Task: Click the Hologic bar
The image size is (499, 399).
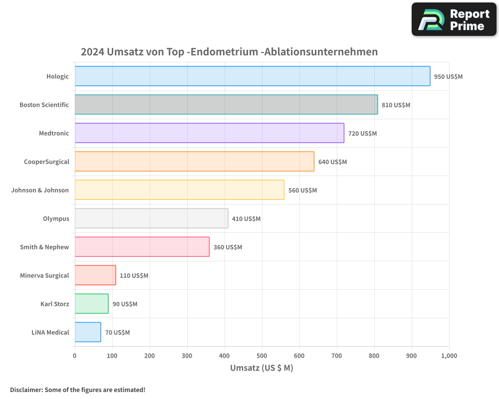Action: (x=252, y=76)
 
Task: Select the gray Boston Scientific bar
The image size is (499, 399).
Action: (x=226, y=105)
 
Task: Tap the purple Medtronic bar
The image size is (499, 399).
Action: (x=210, y=133)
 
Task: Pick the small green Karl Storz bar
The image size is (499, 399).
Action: (x=92, y=304)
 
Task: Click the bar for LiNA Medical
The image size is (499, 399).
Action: (x=88, y=332)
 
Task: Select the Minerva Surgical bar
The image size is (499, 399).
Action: (x=95, y=275)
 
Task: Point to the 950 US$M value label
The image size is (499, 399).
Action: (x=448, y=77)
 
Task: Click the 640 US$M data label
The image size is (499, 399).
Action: (x=332, y=162)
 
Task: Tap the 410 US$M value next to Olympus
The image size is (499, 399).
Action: (x=246, y=219)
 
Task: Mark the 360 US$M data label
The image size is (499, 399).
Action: (x=228, y=247)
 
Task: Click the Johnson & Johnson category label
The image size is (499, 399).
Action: (x=40, y=190)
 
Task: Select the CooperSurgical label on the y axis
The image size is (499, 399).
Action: (x=46, y=162)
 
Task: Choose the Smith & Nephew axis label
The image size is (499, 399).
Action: (x=44, y=247)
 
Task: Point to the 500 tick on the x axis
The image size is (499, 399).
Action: (x=262, y=356)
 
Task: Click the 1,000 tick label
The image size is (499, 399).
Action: (x=449, y=356)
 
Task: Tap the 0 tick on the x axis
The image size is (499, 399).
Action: (x=75, y=356)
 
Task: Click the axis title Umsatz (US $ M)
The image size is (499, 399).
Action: (x=261, y=368)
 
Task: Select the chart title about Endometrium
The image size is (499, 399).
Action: (x=229, y=52)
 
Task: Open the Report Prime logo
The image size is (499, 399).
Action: (x=454, y=19)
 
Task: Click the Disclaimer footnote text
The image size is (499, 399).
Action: (x=77, y=390)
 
